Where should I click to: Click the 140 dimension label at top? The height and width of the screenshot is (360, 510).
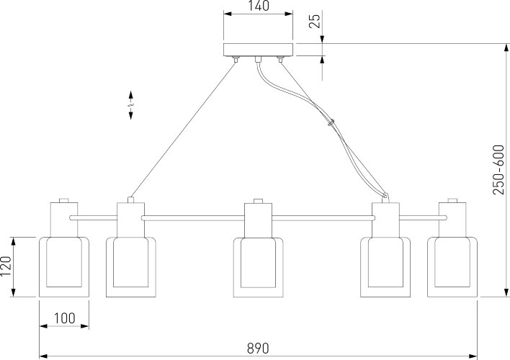(x=259, y=7)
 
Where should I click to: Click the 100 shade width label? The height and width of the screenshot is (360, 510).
(x=63, y=318)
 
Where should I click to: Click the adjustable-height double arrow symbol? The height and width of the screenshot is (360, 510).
(x=130, y=106)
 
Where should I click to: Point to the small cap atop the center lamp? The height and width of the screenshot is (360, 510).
(x=258, y=201)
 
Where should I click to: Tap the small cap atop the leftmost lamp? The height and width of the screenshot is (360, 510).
(x=63, y=201)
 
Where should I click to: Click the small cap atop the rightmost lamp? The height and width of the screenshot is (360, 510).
(x=452, y=201)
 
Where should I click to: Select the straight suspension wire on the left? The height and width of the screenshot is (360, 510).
(x=184, y=130)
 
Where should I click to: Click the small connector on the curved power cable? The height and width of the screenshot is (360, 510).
(x=331, y=124)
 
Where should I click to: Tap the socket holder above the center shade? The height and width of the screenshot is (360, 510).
(x=258, y=220)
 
